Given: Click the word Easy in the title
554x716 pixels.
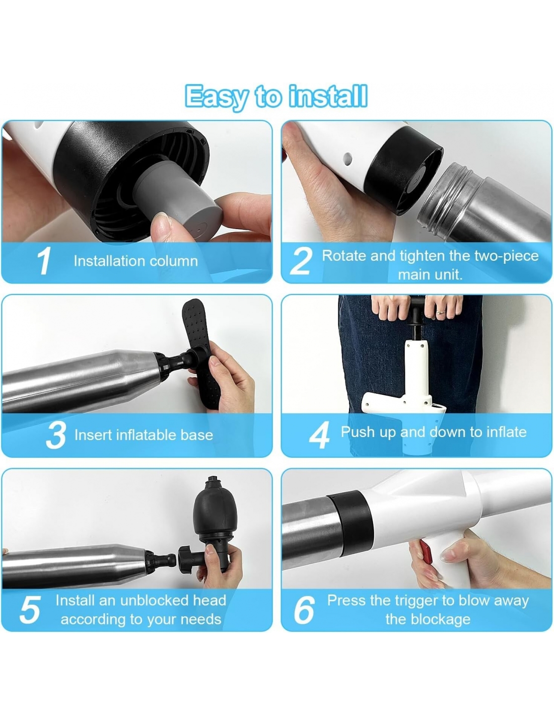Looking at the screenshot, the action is click(216, 97).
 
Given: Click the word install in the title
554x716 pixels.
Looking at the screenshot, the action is click(328, 96).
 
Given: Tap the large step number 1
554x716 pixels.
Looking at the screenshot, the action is click(44, 261).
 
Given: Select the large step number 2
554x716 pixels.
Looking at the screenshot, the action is click(301, 261).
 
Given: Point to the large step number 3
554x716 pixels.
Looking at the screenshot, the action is click(56, 435).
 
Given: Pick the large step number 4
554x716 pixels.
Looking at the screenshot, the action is click(319, 435).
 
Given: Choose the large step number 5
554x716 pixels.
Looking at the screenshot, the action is click(30, 610).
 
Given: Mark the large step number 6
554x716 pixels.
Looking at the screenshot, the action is click(304, 610).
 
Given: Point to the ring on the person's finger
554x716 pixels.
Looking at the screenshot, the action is click(439, 311).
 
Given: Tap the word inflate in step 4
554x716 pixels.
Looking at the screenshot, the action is click(506, 432).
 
